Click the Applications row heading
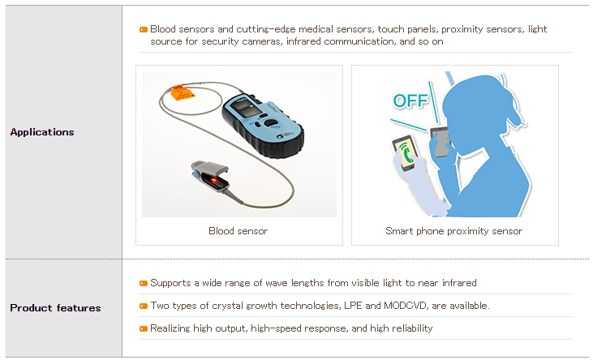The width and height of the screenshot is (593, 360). tap(42, 132)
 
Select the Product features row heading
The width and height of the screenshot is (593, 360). tap(55, 308)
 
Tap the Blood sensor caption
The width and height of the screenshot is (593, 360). tap(238, 231)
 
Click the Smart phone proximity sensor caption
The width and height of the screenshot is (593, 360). tap(453, 231)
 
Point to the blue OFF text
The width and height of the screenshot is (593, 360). tap(410, 101)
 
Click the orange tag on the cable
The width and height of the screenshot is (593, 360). tap(182, 92)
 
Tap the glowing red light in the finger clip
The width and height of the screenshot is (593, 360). tap(213, 180)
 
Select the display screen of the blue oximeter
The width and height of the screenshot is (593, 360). tap(247, 107)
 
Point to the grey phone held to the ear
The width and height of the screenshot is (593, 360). tap(440, 142)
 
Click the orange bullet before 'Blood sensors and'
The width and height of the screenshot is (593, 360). tap(144, 29)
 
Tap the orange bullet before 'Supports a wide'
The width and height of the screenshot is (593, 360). tap(144, 283)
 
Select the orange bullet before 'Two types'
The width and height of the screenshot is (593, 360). tap(144, 306)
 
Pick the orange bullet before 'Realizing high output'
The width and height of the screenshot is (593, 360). tap(144, 328)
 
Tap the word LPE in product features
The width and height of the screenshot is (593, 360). tap(353, 306)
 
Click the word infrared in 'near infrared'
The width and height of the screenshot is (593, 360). tap(459, 283)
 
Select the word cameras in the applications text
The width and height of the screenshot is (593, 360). tap(262, 41)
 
